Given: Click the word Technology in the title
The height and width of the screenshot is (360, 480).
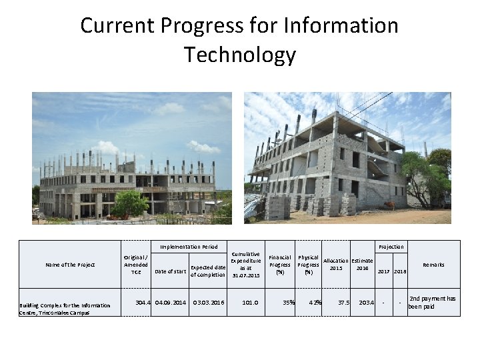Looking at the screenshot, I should pyautogui.click(x=239, y=54).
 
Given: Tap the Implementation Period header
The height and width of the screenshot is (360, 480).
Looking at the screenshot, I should pyautogui.click(x=189, y=247).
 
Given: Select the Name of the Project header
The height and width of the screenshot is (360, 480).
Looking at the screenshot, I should pyautogui.click(x=70, y=265).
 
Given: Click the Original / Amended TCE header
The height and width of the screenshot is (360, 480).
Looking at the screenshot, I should pyautogui.click(x=136, y=264).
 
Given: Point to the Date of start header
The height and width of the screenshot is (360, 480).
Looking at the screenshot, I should pyautogui.click(x=170, y=271).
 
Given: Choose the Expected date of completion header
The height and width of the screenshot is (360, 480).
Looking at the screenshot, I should pyautogui.click(x=208, y=271).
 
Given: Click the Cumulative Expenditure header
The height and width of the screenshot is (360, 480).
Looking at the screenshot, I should pyautogui.click(x=245, y=265).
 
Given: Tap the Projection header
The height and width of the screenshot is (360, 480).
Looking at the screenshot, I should pyautogui.click(x=391, y=247).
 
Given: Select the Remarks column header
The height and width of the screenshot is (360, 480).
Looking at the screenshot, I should pyautogui.click(x=433, y=265).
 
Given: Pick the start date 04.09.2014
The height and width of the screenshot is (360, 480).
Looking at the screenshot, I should pyautogui.click(x=170, y=303).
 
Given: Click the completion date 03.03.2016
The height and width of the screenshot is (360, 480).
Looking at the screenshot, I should pyautogui.click(x=208, y=303).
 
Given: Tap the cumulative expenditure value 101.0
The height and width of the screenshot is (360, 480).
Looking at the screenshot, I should pyautogui.click(x=250, y=303).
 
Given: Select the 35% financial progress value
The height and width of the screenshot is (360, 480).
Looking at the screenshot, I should pyautogui.click(x=289, y=303).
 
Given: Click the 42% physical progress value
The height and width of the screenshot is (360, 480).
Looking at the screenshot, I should pyautogui.click(x=315, y=303).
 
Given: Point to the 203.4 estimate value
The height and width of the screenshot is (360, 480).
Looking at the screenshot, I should pyautogui.click(x=366, y=303).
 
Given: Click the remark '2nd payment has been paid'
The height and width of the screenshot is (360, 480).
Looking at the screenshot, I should pyautogui.click(x=433, y=303).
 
